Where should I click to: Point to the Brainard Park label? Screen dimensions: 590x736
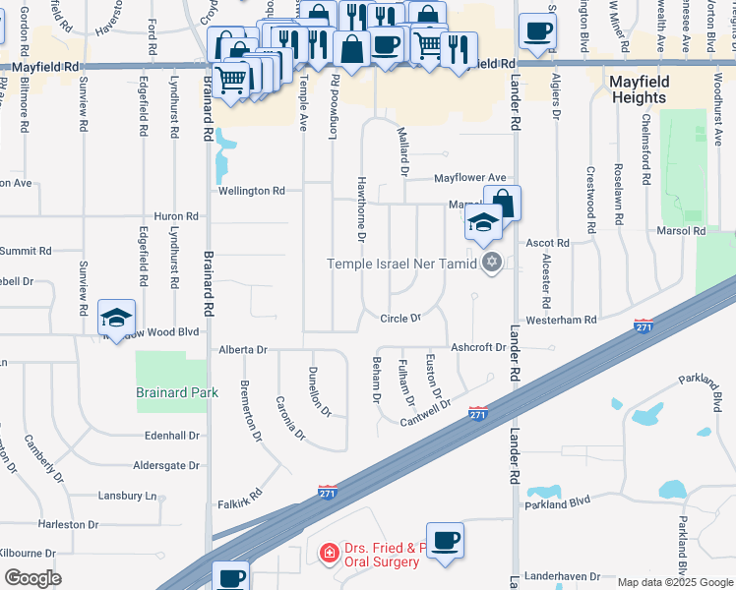[x=171, y=392]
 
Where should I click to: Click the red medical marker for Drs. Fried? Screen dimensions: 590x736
[x=331, y=555]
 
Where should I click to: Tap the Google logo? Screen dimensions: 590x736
[x=32, y=578]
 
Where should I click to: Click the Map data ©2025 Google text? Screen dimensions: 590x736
[x=674, y=582]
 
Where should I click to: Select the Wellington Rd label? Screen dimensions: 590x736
[x=252, y=191]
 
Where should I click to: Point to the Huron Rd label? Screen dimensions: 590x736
[x=177, y=216]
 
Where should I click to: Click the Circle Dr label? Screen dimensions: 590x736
[x=400, y=319]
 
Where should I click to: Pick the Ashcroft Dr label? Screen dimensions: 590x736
[x=477, y=347]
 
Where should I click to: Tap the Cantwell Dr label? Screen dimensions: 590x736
[x=425, y=414]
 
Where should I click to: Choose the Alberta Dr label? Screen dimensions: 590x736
[x=243, y=350]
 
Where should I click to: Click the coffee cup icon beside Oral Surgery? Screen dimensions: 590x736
[x=445, y=540]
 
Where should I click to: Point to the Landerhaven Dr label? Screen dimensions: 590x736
[x=562, y=575]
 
